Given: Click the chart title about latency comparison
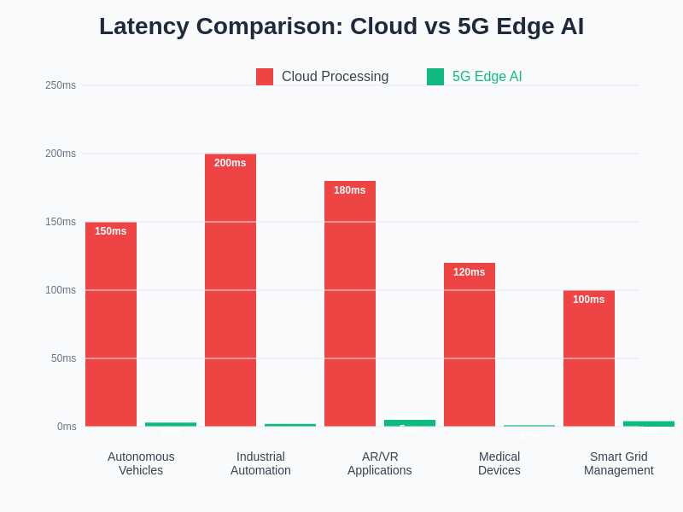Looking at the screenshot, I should (x=341, y=26).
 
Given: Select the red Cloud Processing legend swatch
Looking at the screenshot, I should (x=265, y=77).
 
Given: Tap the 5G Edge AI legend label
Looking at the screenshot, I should (x=487, y=77).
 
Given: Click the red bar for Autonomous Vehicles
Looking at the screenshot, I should (x=111, y=324).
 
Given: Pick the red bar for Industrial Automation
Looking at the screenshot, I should (x=231, y=290).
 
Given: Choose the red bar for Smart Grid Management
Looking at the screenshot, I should (x=589, y=358).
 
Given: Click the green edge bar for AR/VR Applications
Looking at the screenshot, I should (x=410, y=422).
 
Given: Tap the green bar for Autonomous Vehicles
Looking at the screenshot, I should (x=171, y=424).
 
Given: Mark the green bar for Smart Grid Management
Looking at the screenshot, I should (x=649, y=423).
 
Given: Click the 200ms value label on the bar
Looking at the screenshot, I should (x=231, y=163).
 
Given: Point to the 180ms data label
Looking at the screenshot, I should (x=350, y=190).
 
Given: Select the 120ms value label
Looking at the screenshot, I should (x=470, y=272).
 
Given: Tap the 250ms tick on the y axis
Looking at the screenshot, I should (x=61, y=85).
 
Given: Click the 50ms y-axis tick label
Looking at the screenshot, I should (x=63, y=358).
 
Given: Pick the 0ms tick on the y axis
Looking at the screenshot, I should (x=67, y=427).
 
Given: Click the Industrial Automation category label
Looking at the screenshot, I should (x=260, y=463).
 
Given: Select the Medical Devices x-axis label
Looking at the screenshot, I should (x=499, y=463).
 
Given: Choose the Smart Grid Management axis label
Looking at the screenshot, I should (x=619, y=463).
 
